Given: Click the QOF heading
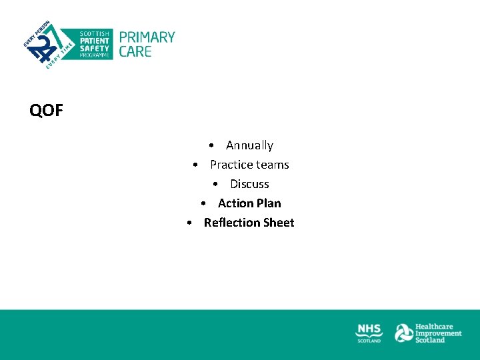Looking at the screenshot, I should point(46,111).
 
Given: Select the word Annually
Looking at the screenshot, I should point(249,145).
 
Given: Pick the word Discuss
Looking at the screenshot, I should point(249,184).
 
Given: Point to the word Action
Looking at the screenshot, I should point(235,203).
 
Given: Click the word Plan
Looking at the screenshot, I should point(269,203).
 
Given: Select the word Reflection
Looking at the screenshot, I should point(231,223).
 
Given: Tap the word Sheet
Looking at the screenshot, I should point(279,223).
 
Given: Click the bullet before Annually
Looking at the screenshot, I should point(210,146).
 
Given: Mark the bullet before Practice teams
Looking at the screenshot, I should point(194,165).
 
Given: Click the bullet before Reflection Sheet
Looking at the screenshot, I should point(189,223).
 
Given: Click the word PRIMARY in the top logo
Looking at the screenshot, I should point(147,37).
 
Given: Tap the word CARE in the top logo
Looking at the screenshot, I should point(135,51).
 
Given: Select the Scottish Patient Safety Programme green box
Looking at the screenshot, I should point(93,44).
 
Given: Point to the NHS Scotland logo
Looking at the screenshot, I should point(369,333).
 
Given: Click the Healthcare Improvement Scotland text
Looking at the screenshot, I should point(438,333).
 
